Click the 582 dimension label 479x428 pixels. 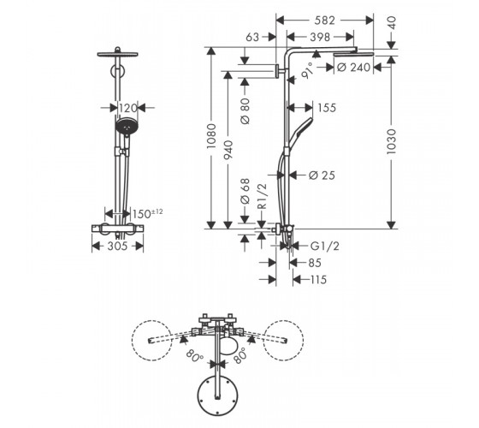pyautogui.click(x=324, y=21)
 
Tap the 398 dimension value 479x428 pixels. pyautogui.click(x=320, y=37)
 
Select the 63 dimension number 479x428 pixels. pyautogui.click(x=252, y=37)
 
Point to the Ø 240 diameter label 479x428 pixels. pyautogui.click(x=354, y=68)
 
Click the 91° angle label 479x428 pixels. pyautogui.click(x=308, y=70)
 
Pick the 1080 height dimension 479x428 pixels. pyautogui.click(x=211, y=136)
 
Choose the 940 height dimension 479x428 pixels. pyautogui.click(x=228, y=150)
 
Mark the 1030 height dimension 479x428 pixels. pyautogui.click(x=391, y=141)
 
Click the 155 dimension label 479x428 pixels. pyautogui.click(x=327, y=108)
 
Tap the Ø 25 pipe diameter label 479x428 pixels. pyautogui.click(x=322, y=175)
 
